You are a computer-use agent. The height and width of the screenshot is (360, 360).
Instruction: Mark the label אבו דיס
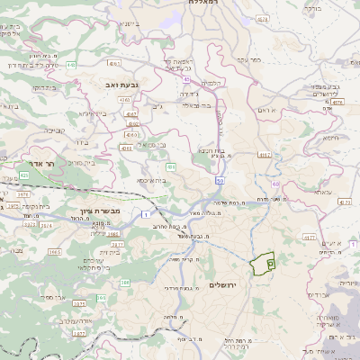click(x=320, y=295)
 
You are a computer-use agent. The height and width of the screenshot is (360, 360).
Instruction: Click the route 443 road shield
click(x=69, y=65)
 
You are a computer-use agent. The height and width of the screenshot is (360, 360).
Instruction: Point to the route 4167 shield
click(x=265, y=156)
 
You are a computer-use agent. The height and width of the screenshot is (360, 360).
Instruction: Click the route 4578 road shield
click(x=337, y=103)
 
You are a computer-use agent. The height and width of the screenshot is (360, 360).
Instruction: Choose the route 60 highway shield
click(x=275, y=184)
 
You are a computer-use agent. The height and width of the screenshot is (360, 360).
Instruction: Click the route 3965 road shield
click(x=54, y=253)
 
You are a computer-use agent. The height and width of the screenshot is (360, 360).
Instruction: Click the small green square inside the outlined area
click(x=269, y=262)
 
